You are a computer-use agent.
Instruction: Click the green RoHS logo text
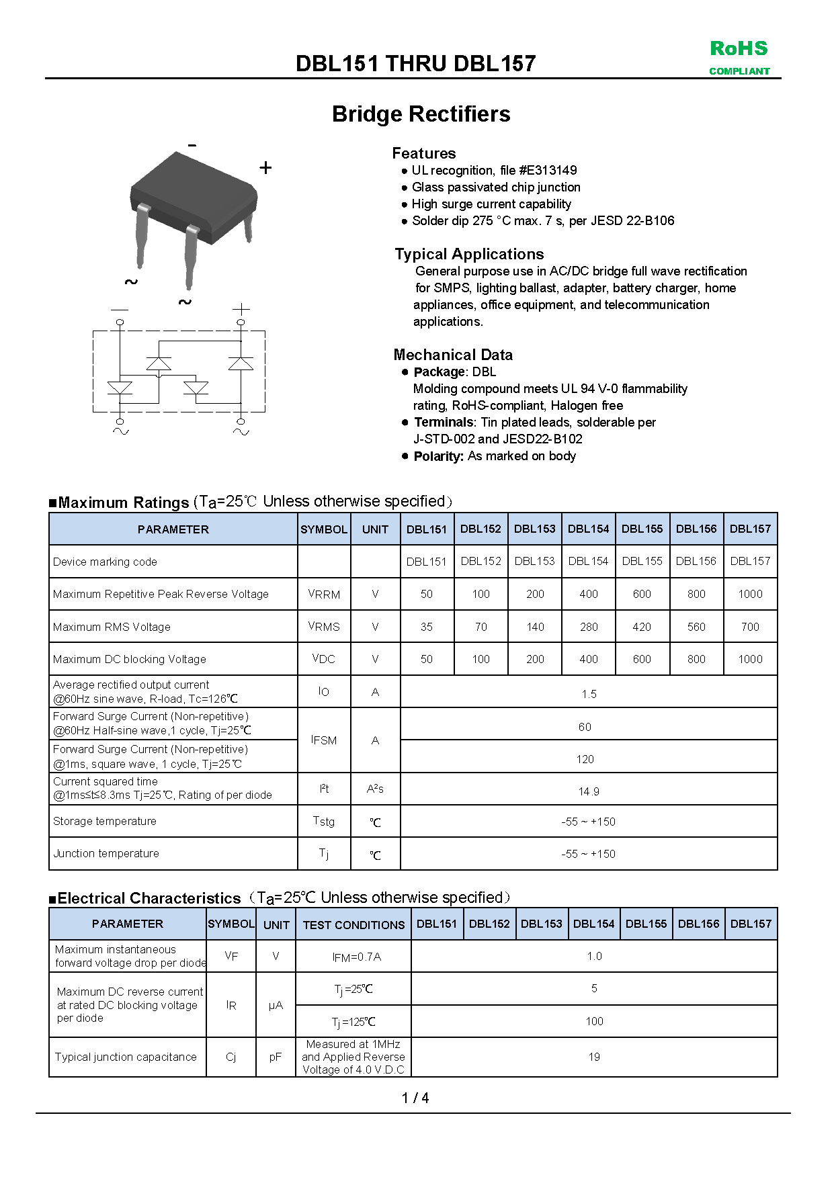pyautogui.click(x=739, y=49)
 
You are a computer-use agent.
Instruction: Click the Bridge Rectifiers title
pyautogui.click(x=421, y=114)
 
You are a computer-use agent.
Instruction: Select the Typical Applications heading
pyautogui.click(x=469, y=254)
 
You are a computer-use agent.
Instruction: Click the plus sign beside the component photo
pyautogui.click(x=265, y=168)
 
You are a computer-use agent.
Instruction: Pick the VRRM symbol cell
pyautogui.click(x=324, y=594)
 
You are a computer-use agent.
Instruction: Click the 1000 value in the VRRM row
pyautogui.click(x=750, y=594)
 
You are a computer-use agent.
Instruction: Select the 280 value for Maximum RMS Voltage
pyautogui.click(x=589, y=627)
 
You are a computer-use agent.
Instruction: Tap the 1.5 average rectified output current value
pyautogui.click(x=589, y=694)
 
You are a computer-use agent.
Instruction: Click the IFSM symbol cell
pyautogui.click(x=324, y=740)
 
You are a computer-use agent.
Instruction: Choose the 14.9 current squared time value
pyautogui.click(x=589, y=791)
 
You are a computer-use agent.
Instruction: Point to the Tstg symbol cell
pyautogui.click(x=324, y=821)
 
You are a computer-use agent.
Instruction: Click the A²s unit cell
pyautogui.click(x=375, y=789)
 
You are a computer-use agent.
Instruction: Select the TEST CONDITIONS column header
pyautogui.click(x=353, y=925)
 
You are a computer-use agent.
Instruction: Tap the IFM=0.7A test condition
pyautogui.click(x=356, y=957)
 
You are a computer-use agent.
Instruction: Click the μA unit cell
pyautogui.click(x=276, y=1006)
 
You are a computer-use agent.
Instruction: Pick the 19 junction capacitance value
pyautogui.click(x=594, y=1057)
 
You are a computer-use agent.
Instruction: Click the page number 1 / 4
pyautogui.click(x=415, y=1098)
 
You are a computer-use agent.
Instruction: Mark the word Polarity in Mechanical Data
pyautogui.click(x=438, y=456)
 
